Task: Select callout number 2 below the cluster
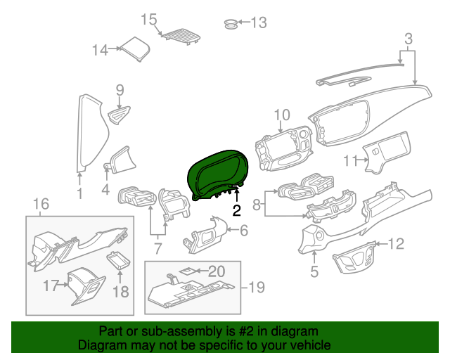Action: point(237,210)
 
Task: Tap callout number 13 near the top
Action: point(259,23)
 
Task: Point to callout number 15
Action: point(148,19)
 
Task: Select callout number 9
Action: point(120,89)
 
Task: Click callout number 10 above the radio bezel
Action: point(281,115)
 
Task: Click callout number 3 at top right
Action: point(407,37)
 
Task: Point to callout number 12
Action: point(397,244)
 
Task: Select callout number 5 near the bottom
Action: point(314,271)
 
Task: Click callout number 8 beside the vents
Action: point(257,205)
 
